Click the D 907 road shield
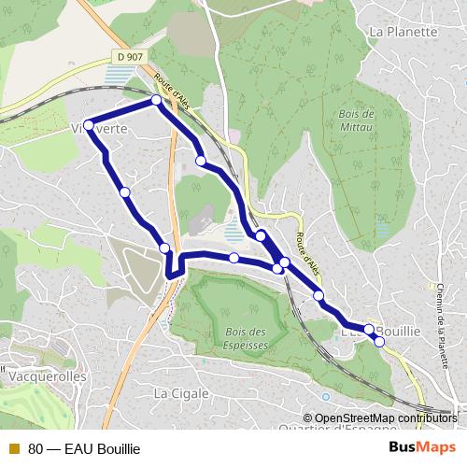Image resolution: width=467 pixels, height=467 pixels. pos(131,57)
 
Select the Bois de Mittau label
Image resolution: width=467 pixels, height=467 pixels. pos(352,119)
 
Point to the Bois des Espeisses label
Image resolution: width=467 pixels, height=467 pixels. pos(247,338)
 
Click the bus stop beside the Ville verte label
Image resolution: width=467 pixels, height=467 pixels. pos(88,125)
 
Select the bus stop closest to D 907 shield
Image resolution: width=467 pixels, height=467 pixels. pos(156,99)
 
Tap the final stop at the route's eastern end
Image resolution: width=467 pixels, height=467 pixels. pos(379,341)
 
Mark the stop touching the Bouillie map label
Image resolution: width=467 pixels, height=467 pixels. pos(369,330)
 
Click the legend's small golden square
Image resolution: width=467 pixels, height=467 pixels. pos(13,449)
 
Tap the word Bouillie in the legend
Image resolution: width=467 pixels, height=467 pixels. pos(118,449)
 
